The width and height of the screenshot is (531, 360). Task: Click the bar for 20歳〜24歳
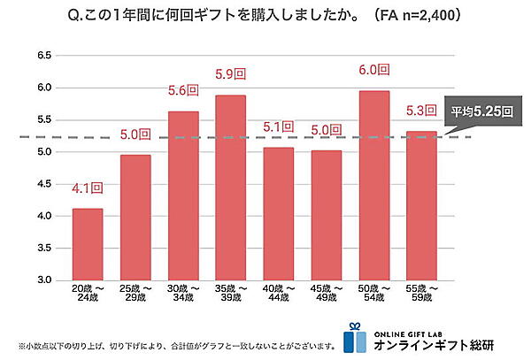(x=88, y=244)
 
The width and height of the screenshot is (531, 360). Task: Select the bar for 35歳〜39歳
(x=231, y=188)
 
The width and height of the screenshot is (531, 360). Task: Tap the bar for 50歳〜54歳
(x=374, y=185)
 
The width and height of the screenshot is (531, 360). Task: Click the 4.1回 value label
(x=88, y=188)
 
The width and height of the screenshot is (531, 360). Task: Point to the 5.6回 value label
(x=183, y=90)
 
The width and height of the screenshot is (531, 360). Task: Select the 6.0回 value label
(x=374, y=73)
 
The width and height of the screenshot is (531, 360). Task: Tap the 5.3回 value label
(x=422, y=111)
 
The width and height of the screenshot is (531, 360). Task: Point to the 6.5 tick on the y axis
(x=41, y=56)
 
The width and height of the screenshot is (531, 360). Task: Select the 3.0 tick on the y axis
(x=41, y=280)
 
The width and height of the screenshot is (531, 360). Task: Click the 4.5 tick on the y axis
(x=41, y=184)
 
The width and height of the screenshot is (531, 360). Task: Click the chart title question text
(x=265, y=15)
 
